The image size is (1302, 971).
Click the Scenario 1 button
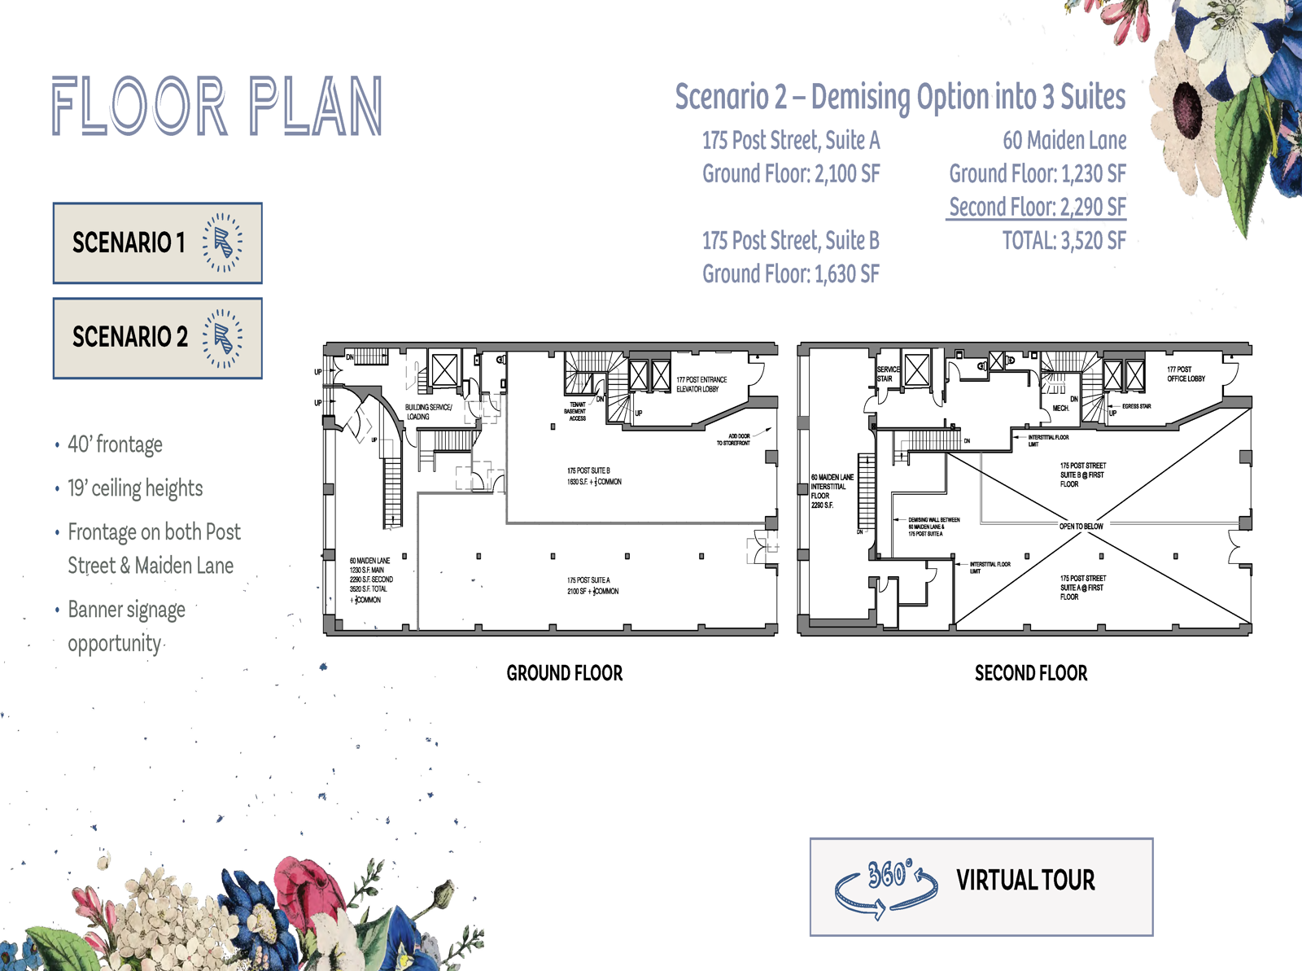pos(157,243)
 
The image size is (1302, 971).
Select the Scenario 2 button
pos(157,338)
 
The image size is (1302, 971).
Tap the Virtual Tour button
pos(981,886)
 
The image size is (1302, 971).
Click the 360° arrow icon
pos(886,888)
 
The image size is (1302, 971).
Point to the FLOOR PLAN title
pos(217,107)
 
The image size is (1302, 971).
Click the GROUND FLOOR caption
pos(564,673)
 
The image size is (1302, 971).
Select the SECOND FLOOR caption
pos(1030,673)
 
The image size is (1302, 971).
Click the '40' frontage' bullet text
pos(115,444)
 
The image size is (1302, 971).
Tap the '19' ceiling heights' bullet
pos(135,488)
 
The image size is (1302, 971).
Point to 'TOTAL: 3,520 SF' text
pos(1064,241)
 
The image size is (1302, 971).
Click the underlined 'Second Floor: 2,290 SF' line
pos(1037,207)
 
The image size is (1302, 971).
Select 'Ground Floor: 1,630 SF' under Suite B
pos(790,274)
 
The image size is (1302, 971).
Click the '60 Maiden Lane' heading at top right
pos(1064,141)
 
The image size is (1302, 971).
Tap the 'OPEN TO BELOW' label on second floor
pos(1081,527)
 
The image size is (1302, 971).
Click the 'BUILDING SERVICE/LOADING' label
pos(428,412)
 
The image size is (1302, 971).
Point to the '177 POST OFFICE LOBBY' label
pos(1186,374)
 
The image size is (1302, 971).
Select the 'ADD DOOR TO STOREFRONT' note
pos(733,440)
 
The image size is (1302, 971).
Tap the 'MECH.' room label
pos(1060,408)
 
